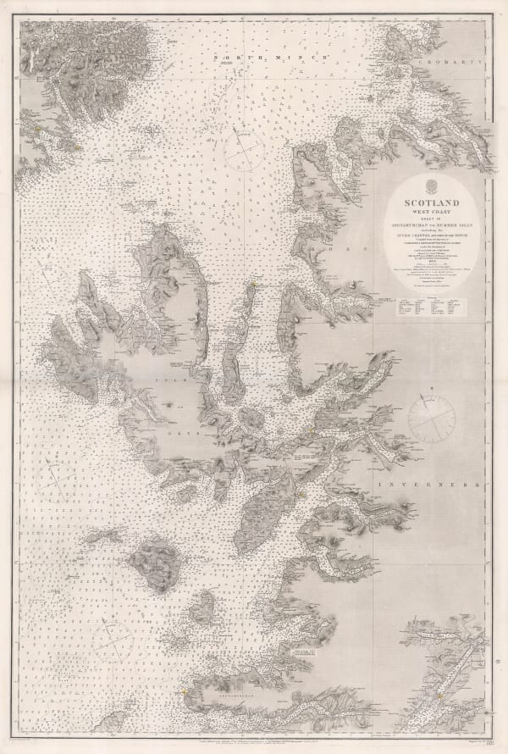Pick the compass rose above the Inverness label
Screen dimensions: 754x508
point(433,418)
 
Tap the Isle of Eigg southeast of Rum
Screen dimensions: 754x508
point(204,607)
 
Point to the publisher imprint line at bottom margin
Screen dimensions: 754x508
point(254,743)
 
